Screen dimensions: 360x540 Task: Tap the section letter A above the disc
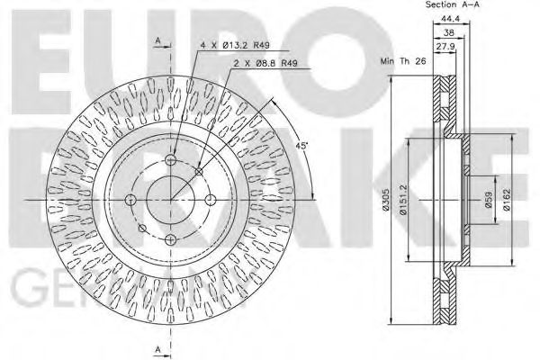(157, 40)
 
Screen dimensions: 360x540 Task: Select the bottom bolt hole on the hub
(170, 238)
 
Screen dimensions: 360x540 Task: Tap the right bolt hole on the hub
(210, 199)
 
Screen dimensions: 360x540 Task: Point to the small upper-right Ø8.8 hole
(198, 171)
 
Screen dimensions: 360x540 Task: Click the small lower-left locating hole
(142, 227)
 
